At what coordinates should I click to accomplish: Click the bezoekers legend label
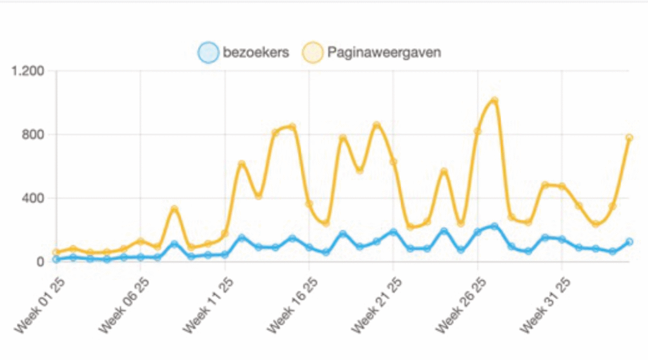tap(256, 53)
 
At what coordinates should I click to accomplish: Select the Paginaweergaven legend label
tap(384, 53)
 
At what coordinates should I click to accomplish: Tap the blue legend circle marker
tap(208, 53)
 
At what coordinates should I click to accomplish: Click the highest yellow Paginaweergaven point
tap(494, 100)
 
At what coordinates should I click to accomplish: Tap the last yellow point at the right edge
tap(629, 137)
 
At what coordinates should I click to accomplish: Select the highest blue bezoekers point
tap(494, 226)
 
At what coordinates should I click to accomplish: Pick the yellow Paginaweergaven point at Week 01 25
tap(56, 252)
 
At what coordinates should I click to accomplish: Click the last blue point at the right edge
tap(629, 242)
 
